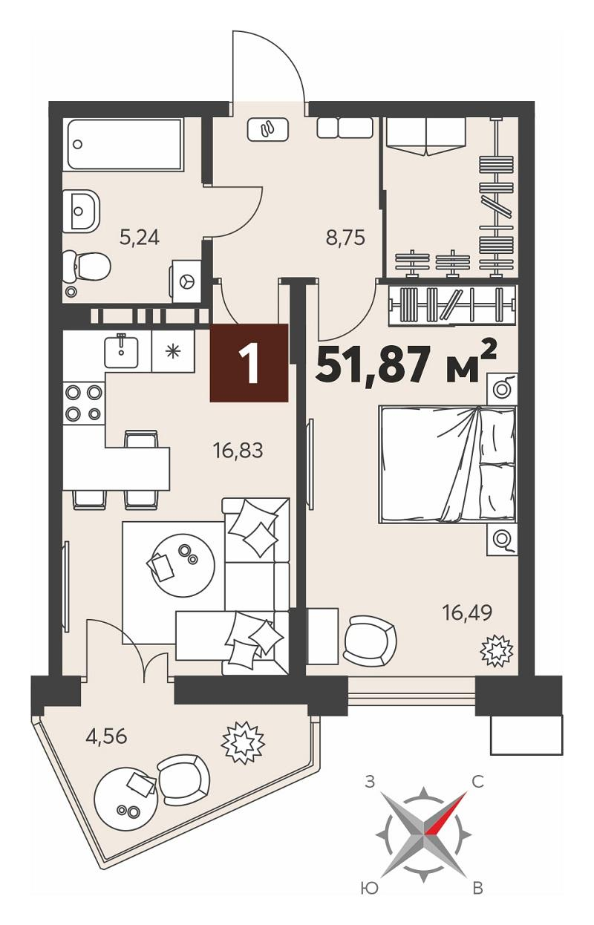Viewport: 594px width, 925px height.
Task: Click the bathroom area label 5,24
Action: click(139, 238)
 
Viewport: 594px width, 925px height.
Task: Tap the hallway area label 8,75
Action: click(345, 238)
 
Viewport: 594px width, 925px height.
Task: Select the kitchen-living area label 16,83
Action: click(238, 451)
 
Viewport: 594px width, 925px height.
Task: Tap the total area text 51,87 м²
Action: click(405, 365)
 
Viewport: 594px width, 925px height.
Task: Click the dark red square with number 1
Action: click(249, 362)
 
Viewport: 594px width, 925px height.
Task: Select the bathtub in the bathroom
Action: click(124, 144)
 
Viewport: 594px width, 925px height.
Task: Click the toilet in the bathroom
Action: click(87, 267)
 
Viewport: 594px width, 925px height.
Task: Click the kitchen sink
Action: click(120, 351)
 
